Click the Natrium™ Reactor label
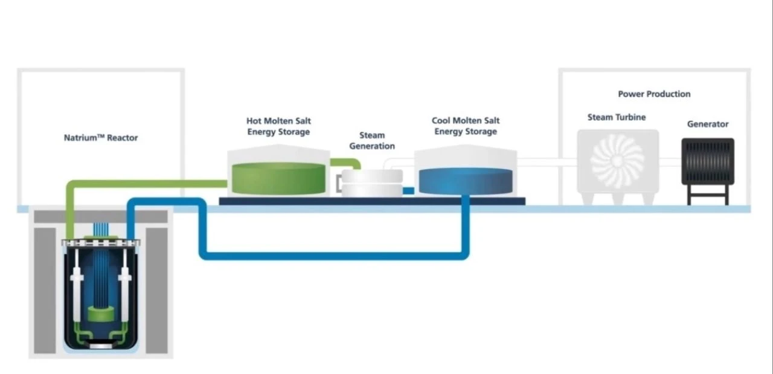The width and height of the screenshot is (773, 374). tap(101, 138)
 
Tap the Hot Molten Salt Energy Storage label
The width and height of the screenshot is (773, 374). tap(278, 126)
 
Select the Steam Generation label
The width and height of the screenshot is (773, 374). tap(372, 141)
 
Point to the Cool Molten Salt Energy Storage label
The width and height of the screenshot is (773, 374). tap(466, 126)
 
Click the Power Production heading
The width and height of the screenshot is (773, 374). tap(654, 94)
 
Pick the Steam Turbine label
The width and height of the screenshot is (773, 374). tap(616, 117)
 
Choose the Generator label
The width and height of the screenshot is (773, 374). tap(708, 124)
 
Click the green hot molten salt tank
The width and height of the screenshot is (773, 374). tap(278, 178)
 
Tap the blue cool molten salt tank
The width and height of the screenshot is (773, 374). tap(466, 181)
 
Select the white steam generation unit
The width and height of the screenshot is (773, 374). tap(372, 182)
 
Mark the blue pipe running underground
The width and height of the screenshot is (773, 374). tap(332, 256)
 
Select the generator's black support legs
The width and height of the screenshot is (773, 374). tap(708, 194)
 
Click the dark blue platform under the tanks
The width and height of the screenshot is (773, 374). tap(371, 201)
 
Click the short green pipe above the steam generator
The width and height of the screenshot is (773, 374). tap(347, 162)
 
